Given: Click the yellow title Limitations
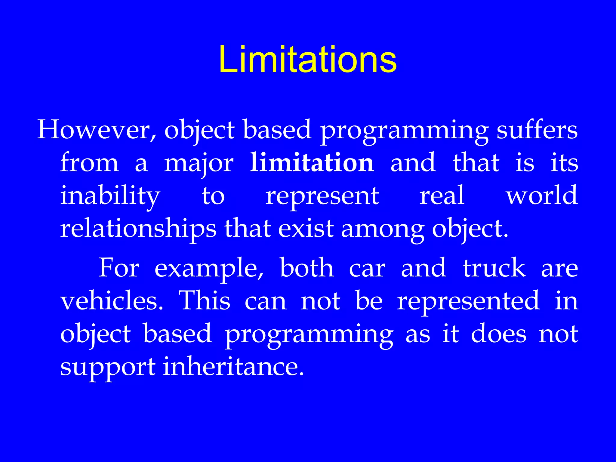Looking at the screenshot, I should coord(308,59).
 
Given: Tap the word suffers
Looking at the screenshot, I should coord(537,130).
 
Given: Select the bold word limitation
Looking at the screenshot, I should coord(312,163).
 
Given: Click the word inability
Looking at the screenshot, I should coord(110,196).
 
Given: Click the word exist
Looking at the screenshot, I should coord(306,229).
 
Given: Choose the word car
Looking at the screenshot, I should coord(367,269).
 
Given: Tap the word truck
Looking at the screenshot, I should coord(494,268).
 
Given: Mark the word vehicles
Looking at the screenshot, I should coord(112,301).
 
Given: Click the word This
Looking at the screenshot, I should coord(205,301).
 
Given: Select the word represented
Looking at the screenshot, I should coord(468,302).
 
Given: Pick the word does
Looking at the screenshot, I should coord(499,334).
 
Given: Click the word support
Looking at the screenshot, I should coord(108,368).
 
